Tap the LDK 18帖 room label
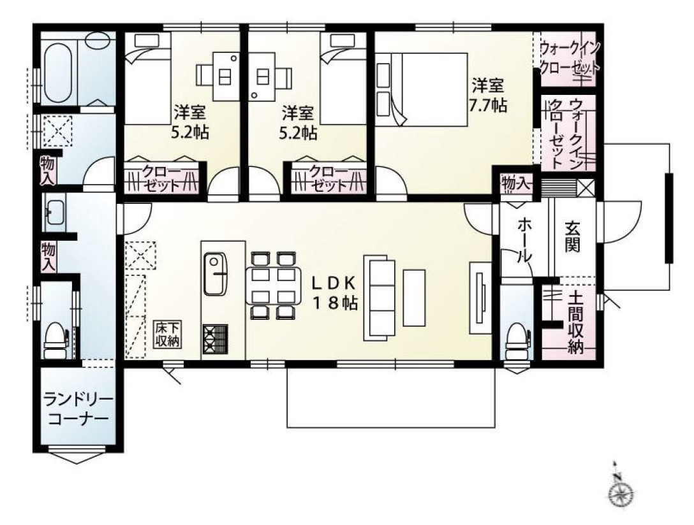coord(333,292)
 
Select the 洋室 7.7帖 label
coord(488,95)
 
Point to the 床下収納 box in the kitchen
coord(168,334)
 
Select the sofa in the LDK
coord(380,298)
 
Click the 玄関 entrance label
coord(572,236)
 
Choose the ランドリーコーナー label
coord(78,409)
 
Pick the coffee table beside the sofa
coord(413,298)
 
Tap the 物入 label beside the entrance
coord(516,183)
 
